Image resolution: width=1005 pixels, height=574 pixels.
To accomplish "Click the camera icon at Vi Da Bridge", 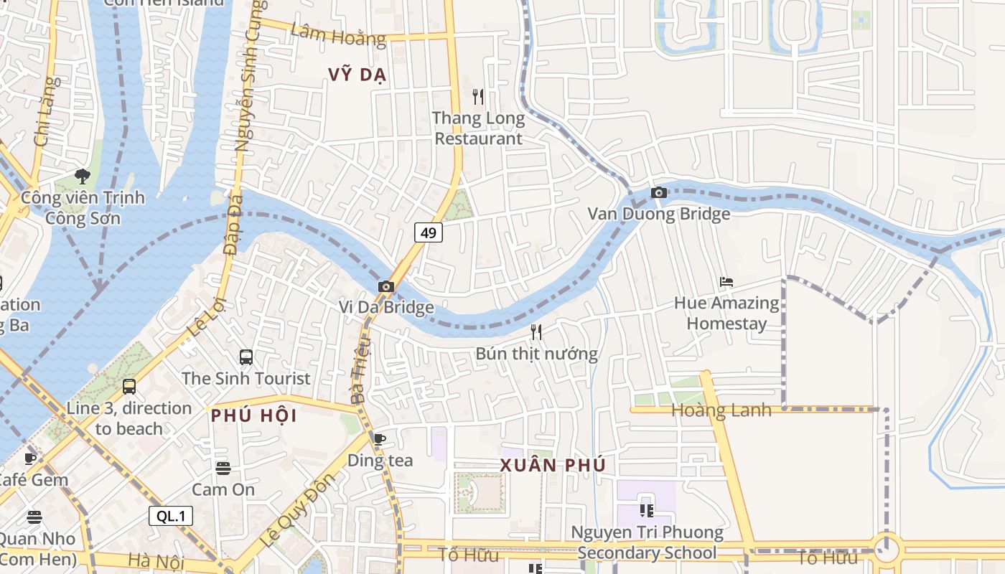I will (x=386, y=287).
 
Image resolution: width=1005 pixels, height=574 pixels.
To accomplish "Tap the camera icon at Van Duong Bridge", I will (x=658, y=192).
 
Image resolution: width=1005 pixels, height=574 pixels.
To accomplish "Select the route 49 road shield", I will (x=429, y=232).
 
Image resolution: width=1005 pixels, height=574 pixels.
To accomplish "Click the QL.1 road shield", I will (x=171, y=515).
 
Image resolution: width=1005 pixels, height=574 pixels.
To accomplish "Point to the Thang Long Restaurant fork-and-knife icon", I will (x=478, y=96).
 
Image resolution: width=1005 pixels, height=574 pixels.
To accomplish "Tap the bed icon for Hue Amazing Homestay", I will (x=726, y=282).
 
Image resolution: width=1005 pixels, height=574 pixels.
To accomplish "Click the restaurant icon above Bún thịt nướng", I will (x=536, y=331).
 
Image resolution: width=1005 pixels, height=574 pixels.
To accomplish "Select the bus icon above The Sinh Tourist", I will (x=246, y=357).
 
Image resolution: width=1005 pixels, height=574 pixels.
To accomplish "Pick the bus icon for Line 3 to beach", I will (x=129, y=387).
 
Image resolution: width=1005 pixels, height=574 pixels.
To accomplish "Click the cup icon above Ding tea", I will (x=380, y=438).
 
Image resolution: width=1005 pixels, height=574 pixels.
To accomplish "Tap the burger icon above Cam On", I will (x=223, y=469).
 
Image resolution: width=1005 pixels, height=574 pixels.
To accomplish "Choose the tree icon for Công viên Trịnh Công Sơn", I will (x=83, y=176).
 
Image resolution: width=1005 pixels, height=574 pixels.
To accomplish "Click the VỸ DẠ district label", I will (x=357, y=75).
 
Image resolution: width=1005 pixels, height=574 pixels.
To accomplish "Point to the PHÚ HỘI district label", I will (x=253, y=415).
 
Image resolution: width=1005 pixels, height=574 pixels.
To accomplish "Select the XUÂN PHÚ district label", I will (x=553, y=465).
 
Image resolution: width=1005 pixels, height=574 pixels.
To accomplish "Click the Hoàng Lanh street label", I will (x=721, y=410).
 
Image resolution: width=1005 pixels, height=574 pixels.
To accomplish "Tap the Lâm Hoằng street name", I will (x=338, y=34).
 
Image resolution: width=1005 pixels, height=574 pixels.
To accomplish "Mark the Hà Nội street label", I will (x=156, y=560).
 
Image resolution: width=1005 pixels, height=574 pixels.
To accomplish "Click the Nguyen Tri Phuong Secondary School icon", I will (x=646, y=510).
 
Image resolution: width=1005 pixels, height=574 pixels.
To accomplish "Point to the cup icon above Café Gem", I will (x=30, y=458).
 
